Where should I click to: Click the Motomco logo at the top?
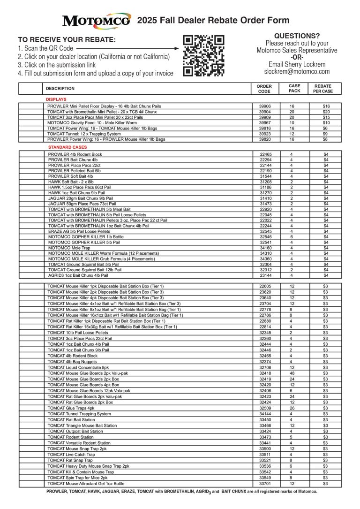97,20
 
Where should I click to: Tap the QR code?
203,55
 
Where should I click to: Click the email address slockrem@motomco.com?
297,72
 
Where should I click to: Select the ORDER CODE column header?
264,89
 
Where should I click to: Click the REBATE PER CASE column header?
326,89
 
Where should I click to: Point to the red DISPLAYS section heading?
56,99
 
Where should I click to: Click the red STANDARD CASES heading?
67,147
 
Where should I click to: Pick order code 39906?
265,106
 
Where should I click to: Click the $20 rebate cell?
326,112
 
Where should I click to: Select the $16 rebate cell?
326,106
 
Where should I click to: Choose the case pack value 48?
292,373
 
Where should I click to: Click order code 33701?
265,483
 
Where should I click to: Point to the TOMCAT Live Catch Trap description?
71,455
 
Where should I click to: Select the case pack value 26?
292,408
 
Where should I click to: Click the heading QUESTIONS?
297,36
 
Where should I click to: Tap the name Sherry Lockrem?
297,64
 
